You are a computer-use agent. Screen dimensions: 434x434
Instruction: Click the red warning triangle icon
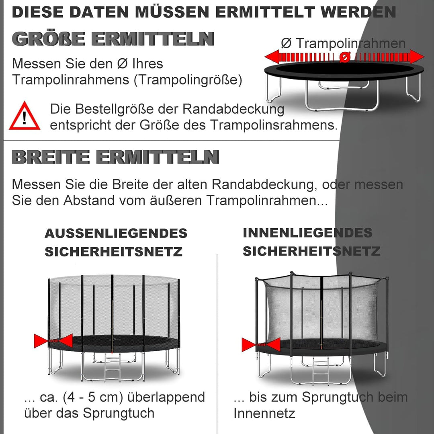(x=25, y=117)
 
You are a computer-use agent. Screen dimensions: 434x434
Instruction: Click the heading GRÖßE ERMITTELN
(x=113, y=39)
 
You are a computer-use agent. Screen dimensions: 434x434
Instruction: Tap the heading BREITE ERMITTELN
(x=115, y=157)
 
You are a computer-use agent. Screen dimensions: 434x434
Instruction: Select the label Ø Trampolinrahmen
(x=343, y=43)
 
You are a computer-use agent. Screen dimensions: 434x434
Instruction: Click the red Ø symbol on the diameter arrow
(x=344, y=58)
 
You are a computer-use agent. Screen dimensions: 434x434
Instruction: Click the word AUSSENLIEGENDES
(x=116, y=233)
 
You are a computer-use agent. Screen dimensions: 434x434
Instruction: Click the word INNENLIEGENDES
(x=307, y=233)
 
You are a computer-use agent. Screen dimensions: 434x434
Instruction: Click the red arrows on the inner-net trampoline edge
(x=261, y=345)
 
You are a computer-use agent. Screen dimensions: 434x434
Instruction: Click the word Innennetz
(x=264, y=413)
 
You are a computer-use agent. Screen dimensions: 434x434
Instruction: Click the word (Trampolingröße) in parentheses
(x=188, y=80)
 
